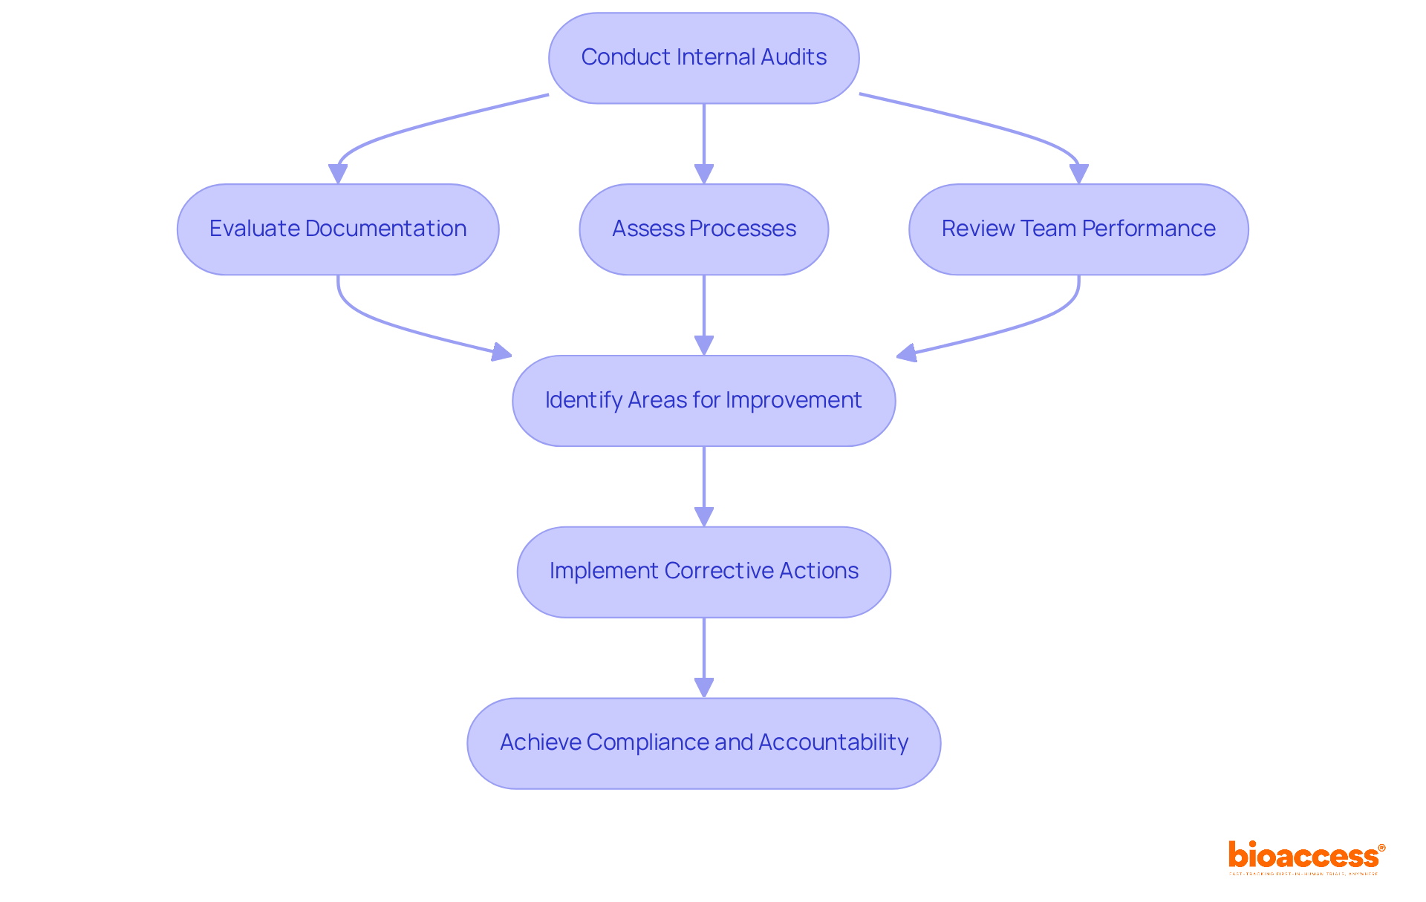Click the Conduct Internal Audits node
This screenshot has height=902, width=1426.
click(x=703, y=58)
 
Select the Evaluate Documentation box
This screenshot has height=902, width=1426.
click(x=338, y=229)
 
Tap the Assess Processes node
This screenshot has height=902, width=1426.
click(x=703, y=229)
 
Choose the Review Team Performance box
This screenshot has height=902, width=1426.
click(x=1078, y=229)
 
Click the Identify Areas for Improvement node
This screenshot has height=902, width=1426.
click(x=703, y=401)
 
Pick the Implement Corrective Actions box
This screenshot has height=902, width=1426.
click(x=703, y=572)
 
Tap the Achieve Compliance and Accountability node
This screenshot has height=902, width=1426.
click(x=703, y=743)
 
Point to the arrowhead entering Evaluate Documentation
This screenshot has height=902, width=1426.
click(x=338, y=174)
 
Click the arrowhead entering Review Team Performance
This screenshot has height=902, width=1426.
click(x=1078, y=174)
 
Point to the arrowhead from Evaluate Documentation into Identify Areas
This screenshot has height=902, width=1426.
click(x=502, y=352)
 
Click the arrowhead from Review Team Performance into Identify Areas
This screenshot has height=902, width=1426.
click(x=907, y=353)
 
